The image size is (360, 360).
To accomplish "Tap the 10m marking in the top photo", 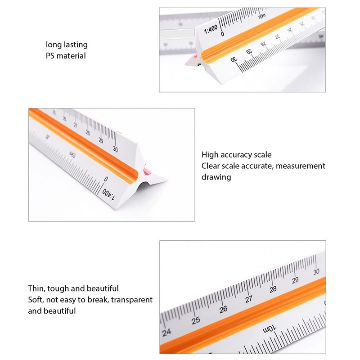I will pyautogui.click(x=262, y=17).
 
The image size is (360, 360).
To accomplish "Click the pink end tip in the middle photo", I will pyautogui.click(x=146, y=171).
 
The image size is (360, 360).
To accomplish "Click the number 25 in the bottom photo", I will pyautogui.click(x=195, y=320).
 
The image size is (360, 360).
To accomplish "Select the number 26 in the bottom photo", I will pyautogui.click(x=223, y=310).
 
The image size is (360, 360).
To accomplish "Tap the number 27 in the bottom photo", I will pyautogui.click(x=248, y=299).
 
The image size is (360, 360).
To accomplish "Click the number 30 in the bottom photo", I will pyautogui.click(x=317, y=271).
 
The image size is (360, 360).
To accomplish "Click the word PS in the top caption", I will pyautogui.click(x=50, y=56).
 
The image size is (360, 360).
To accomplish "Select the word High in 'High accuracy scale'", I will pyautogui.click(x=210, y=155).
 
